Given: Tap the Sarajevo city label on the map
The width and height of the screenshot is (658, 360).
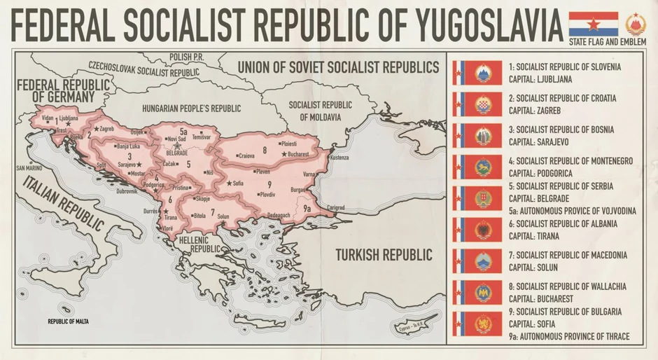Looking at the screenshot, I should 127,165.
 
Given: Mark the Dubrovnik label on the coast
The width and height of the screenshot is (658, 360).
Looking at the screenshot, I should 132,191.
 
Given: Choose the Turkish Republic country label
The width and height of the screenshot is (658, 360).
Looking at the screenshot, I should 383,254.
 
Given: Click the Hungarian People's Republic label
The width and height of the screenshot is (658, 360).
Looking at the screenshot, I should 191,109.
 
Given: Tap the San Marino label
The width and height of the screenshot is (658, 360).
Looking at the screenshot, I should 30,168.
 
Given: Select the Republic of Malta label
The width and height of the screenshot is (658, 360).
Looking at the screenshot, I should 73,321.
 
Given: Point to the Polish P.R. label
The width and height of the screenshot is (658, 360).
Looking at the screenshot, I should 185,56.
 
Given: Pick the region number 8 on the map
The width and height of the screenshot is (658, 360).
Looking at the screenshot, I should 265,150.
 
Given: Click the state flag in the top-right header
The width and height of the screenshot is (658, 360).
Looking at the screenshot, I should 593,24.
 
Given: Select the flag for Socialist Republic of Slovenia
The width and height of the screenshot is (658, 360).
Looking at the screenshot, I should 477,73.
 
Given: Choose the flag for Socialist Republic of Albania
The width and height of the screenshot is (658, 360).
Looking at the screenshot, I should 477,230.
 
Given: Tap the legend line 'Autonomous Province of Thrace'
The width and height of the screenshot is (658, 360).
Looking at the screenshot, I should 569,337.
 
